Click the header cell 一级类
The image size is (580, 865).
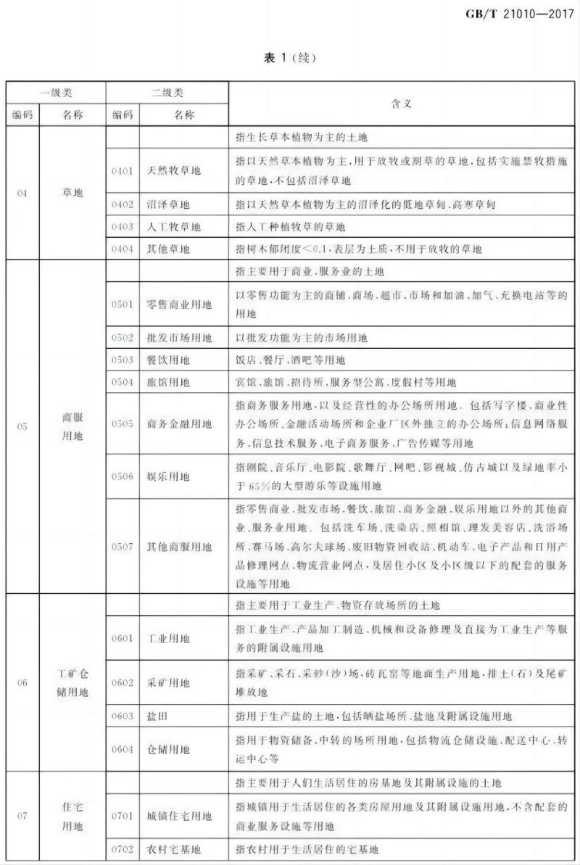coord(56,93)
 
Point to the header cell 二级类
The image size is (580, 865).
coord(167,93)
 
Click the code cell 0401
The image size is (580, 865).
coord(123,170)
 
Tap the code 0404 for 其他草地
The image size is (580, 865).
coord(123,249)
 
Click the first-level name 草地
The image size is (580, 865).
coord(72,193)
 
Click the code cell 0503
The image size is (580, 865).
coord(123,360)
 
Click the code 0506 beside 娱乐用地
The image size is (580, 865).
coord(123,476)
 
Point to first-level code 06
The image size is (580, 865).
coord(22,682)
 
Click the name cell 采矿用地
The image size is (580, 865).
coord(168,682)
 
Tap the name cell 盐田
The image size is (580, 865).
coord(157,716)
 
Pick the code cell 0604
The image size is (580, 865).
coord(123,749)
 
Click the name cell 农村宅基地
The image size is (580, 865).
coord(174,849)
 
